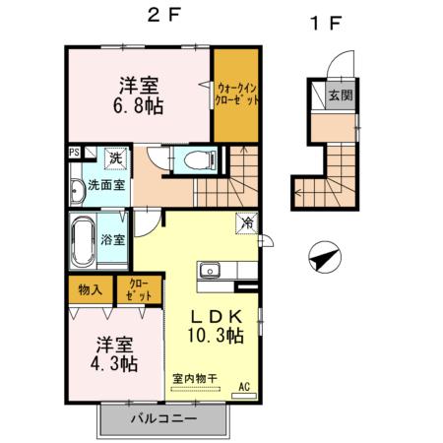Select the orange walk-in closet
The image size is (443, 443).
(x=236, y=98)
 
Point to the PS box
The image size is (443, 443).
(x=74, y=153)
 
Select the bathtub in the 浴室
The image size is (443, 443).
(x=81, y=238)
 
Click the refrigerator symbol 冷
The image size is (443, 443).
(x=245, y=222)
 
